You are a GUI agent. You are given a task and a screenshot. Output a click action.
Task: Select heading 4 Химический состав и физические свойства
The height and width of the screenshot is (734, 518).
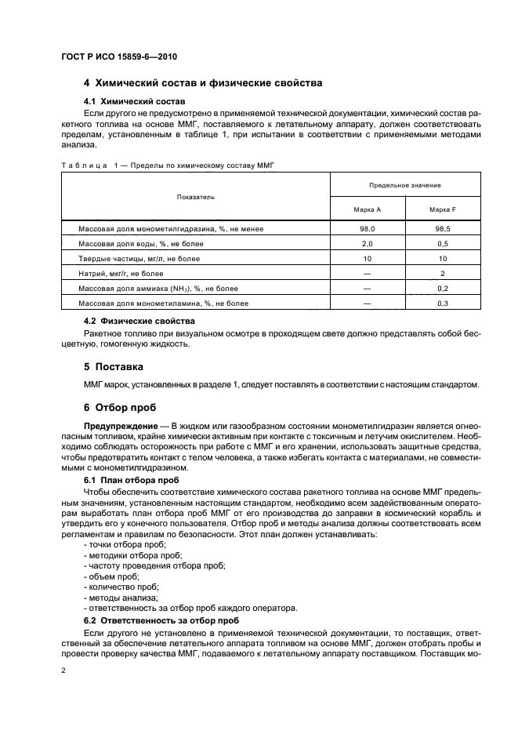pyautogui.click(x=203, y=83)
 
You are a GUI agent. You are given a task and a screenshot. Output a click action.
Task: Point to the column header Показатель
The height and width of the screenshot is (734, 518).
pyautogui.click(x=195, y=197)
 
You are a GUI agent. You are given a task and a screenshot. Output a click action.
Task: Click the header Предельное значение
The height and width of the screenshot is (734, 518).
pyautogui.click(x=404, y=185)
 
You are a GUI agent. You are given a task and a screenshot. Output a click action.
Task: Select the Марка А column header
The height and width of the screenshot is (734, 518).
pyautogui.click(x=367, y=210)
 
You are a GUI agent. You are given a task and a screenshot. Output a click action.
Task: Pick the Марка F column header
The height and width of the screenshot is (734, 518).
pyautogui.click(x=443, y=210)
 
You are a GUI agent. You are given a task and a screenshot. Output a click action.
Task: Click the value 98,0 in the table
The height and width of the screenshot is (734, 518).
pyautogui.click(x=367, y=228)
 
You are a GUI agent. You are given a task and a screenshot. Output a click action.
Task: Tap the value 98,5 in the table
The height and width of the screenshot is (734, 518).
pyautogui.click(x=443, y=228)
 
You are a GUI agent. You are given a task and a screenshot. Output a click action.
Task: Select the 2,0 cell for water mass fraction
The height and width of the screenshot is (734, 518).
pyautogui.click(x=367, y=244)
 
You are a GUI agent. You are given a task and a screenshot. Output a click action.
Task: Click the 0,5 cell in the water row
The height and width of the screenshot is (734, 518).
pyautogui.click(x=443, y=244)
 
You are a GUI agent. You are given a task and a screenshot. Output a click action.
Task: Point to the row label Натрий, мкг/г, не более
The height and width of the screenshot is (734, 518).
pyautogui.click(x=121, y=274)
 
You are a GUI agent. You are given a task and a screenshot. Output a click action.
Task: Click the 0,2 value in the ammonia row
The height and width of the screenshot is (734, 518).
pyautogui.click(x=443, y=288)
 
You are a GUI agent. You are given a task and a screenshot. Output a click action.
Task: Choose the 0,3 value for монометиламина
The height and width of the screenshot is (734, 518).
pyautogui.click(x=443, y=303)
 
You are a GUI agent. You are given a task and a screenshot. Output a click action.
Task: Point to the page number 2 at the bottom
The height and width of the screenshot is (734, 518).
pyautogui.click(x=64, y=671)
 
